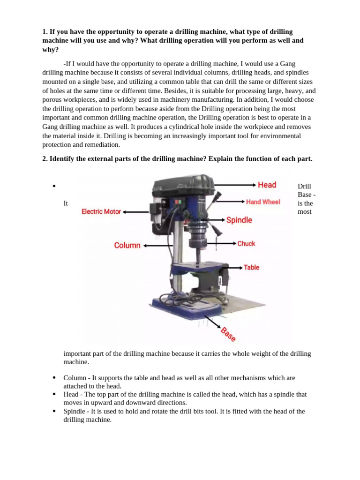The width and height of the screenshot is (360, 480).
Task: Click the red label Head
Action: click(x=267, y=185)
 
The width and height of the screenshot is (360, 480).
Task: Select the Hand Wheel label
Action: click(x=263, y=202)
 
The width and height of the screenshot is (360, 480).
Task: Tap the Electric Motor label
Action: click(x=101, y=212)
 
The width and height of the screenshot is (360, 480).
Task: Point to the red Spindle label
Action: click(x=239, y=220)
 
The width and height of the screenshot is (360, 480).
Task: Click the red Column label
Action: click(x=127, y=245)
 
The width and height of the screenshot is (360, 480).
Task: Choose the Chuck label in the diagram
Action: click(x=246, y=243)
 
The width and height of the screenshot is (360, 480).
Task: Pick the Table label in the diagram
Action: click(x=251, y=267)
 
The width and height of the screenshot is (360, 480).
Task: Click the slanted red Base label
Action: click(x=228, y=334)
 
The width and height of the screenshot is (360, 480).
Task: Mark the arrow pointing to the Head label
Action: click(x=239, y=185)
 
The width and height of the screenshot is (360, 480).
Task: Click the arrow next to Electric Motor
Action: click(x=136, y=212)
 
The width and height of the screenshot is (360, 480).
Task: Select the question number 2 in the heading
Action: click(x=45, y=159)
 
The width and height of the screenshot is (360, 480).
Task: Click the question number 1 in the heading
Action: click(x=45, y=32)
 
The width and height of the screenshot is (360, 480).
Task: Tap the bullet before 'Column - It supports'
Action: click(x=54, y=378)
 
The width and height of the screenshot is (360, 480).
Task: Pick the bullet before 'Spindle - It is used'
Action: click(x=54, y=412)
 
